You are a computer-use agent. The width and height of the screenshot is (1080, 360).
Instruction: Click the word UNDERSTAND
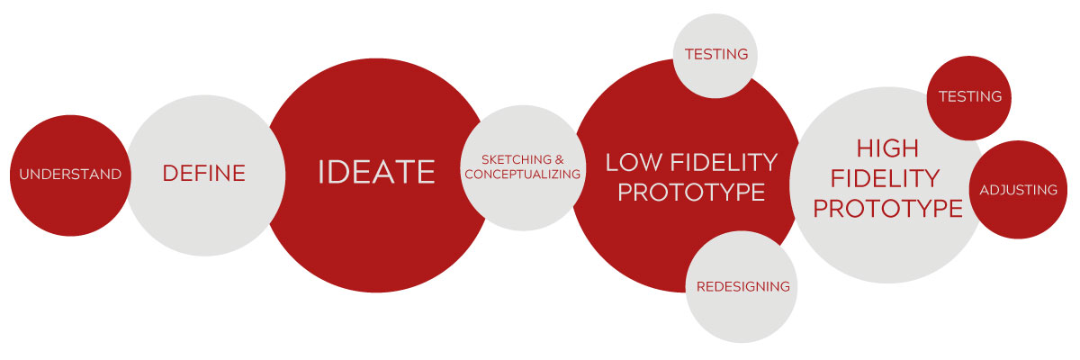pos(70,174)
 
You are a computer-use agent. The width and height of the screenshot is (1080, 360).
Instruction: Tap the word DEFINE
pos(204,174)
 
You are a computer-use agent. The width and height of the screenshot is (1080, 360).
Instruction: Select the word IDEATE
pos(376,172)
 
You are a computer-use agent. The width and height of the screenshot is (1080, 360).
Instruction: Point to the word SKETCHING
pos(516,159)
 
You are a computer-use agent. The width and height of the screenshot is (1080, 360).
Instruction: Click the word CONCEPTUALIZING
pos(523,174)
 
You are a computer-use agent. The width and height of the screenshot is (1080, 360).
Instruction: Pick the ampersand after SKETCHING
pos(559,159)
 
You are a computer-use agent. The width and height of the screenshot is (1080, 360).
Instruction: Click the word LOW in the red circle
pos(634,162)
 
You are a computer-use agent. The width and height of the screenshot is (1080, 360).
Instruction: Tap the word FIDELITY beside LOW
pos(724,162)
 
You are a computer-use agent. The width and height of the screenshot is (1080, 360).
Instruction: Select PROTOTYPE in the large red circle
pos(691,193)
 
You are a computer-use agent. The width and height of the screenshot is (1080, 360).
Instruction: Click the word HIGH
pos(887,148)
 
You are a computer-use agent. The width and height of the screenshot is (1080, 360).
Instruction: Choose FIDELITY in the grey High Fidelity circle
pos(886,178)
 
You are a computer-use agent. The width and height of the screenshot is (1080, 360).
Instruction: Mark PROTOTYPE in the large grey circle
pos(887,208)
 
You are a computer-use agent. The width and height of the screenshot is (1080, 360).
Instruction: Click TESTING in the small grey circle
pos(716,54)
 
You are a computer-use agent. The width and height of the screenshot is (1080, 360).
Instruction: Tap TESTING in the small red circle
pos(970,97)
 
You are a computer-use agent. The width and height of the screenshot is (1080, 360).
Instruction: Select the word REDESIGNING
pos(743,287)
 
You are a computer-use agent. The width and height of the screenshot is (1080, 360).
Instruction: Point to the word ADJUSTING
pos(1018,190)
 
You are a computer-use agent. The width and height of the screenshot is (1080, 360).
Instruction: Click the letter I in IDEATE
pos(321,172)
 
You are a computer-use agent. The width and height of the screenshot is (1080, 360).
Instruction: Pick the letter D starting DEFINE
pos(170,174)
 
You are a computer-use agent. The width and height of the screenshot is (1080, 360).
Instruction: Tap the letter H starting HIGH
pos(864,148)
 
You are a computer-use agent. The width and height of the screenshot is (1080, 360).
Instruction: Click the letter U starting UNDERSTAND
pos(24,174)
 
